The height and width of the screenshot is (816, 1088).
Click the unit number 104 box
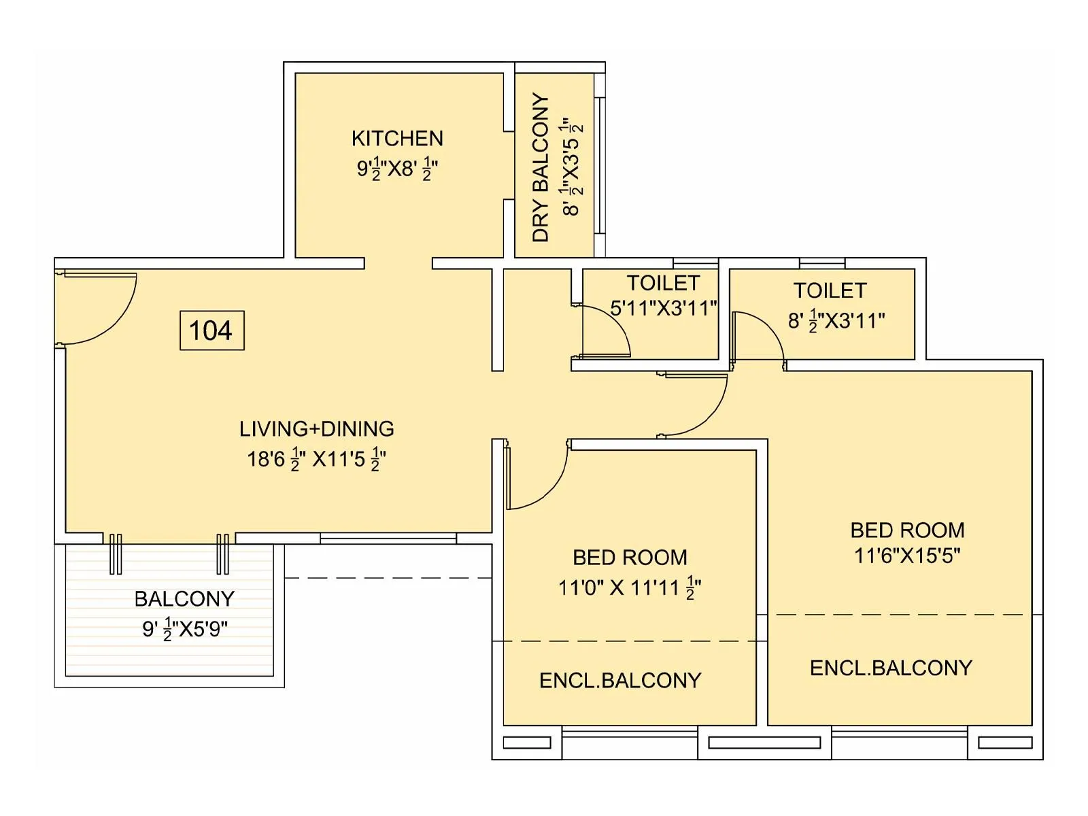click(211, 330)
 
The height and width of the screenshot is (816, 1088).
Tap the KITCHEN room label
click(397, 139)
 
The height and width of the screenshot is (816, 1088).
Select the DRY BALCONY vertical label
click(541, 167)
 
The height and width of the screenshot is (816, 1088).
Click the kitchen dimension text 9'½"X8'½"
click(397, 169)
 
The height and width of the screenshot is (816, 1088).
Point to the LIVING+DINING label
click(317, 429)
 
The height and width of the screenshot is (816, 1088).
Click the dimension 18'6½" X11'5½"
click(317, 460)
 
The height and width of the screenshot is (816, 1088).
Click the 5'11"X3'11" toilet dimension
click(663, 309)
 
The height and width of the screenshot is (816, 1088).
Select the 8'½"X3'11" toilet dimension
click(836, 321)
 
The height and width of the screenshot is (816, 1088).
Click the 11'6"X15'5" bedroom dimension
click(907, 556)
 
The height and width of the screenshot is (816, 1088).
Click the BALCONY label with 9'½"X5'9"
click(184, 599)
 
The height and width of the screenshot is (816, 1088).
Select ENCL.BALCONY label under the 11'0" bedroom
click(620, 681)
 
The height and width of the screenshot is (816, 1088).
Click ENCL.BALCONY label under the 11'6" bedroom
click(891, 668)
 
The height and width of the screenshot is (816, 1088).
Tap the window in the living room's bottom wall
click(388, 539)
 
